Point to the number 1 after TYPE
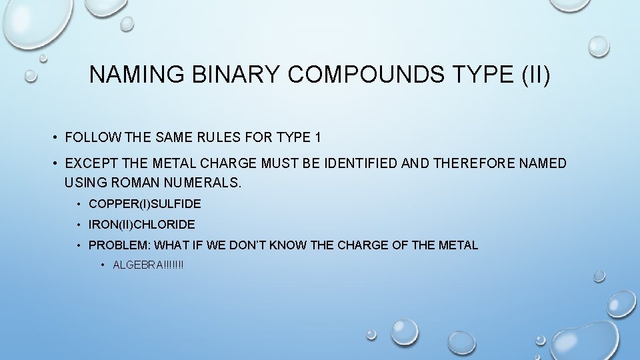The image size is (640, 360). click(318, 138)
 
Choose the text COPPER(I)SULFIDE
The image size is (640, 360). click(145, 203)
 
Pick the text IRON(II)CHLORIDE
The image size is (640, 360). click(141, 225)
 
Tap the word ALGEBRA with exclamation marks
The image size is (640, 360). click(148, 265)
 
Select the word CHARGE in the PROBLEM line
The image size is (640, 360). click(363, 245)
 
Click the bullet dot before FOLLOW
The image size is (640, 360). click(57, 138)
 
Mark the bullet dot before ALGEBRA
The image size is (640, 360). click(104, 265)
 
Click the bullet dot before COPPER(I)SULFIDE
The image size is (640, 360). click(79, 203)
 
